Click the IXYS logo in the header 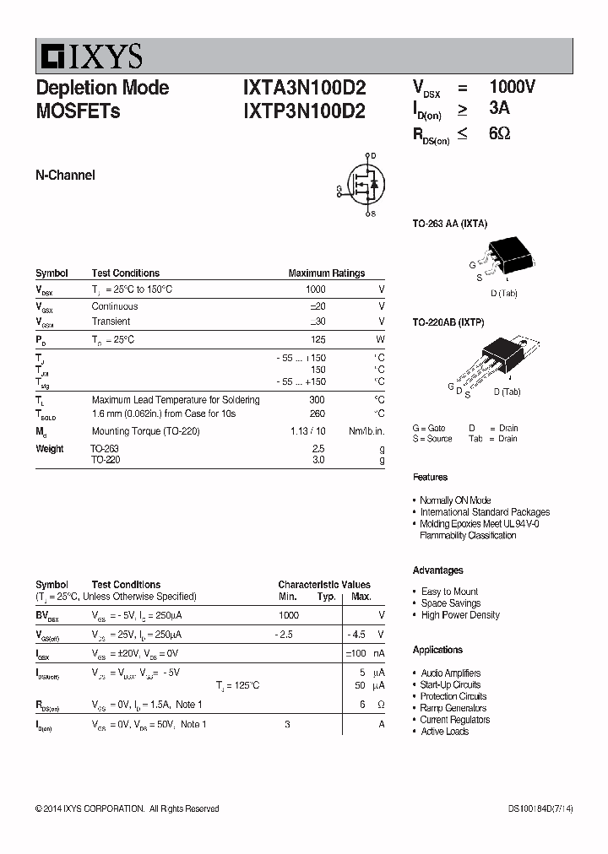(90, 57)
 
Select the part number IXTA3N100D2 (304, 88)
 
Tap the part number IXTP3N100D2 (304, 111)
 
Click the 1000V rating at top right (512, 87)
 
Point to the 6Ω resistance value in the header (499, 133)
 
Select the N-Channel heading (65, 176)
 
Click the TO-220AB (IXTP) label (448, 322)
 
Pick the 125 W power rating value (318, 339)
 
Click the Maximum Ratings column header (326, 273)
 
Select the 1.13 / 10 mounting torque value (308, 431)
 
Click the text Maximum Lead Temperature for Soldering (176, 400)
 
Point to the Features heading (430, 478)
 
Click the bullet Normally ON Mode (455, 500)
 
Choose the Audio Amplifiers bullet (450, 673)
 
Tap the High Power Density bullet (460, 615)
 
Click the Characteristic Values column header (324, 585)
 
